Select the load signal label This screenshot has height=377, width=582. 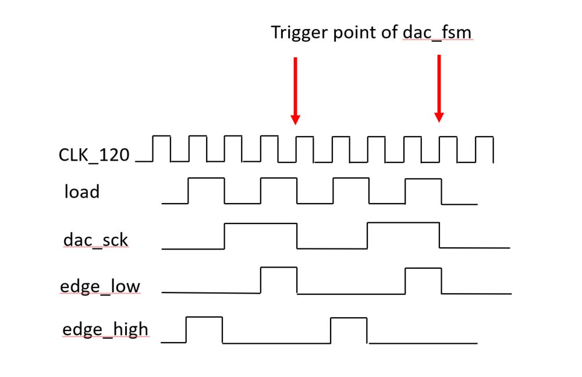[81, 191]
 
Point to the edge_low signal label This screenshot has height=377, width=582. [100, 286]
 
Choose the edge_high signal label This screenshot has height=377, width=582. [105, 330]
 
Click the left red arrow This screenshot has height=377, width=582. [295, 90]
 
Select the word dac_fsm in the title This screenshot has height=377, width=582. [437, 33]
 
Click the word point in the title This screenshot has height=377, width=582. [356, 33]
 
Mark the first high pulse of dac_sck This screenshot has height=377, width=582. [261, 223]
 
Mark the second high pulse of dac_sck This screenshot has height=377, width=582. [403, 223]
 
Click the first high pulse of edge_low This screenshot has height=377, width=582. [279, 268]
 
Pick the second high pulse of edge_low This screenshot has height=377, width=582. [423, 269]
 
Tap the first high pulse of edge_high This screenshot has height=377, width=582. [204, 318]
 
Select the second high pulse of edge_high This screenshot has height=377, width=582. [349, 318]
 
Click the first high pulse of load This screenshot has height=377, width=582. [206, 179]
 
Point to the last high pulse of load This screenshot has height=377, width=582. [423, 180]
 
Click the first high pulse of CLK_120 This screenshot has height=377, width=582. [161, 137]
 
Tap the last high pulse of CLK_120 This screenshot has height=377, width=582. [484, 138]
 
